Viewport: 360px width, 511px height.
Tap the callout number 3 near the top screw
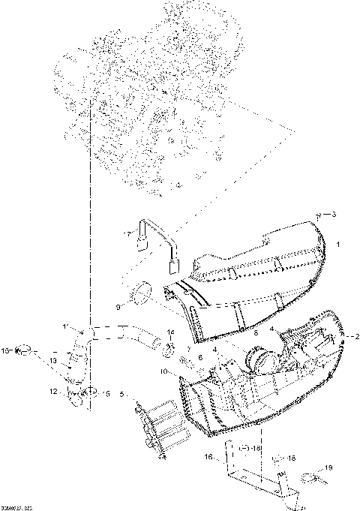334,215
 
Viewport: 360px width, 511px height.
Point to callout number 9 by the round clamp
118,306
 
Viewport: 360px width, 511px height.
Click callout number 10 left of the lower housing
163,371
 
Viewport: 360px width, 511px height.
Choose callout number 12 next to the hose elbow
53,391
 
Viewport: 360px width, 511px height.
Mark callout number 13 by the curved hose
53,361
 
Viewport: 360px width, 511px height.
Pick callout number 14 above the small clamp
170,332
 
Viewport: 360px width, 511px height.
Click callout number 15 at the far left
5,350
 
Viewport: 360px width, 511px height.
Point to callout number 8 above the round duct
235,331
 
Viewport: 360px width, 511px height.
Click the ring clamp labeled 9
141,294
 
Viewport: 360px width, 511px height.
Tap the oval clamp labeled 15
25,349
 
